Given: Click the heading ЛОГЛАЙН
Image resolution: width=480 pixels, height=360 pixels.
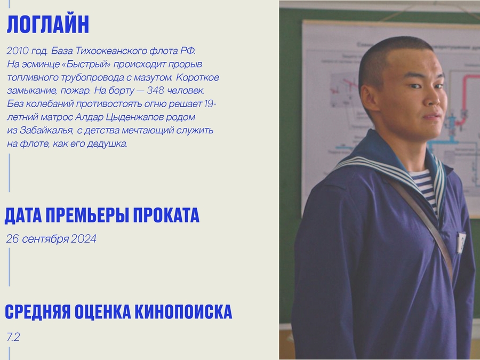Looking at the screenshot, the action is (48, 24).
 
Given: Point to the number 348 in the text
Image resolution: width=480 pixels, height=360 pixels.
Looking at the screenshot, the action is (155, 90).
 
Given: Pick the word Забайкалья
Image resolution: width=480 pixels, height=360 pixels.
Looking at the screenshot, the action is (46, 131).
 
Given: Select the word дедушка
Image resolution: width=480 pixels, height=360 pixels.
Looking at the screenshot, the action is (107, 143).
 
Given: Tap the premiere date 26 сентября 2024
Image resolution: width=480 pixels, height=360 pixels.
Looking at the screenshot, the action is (51, 239).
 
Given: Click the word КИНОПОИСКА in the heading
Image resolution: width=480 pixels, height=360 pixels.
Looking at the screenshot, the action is (183, 312).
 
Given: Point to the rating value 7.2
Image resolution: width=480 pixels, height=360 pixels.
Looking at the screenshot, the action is (13, 337).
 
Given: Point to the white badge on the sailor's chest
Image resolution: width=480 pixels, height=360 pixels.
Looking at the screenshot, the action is (461, 242).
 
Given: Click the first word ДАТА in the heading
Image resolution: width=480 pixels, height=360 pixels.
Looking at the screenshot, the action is (23, 215).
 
